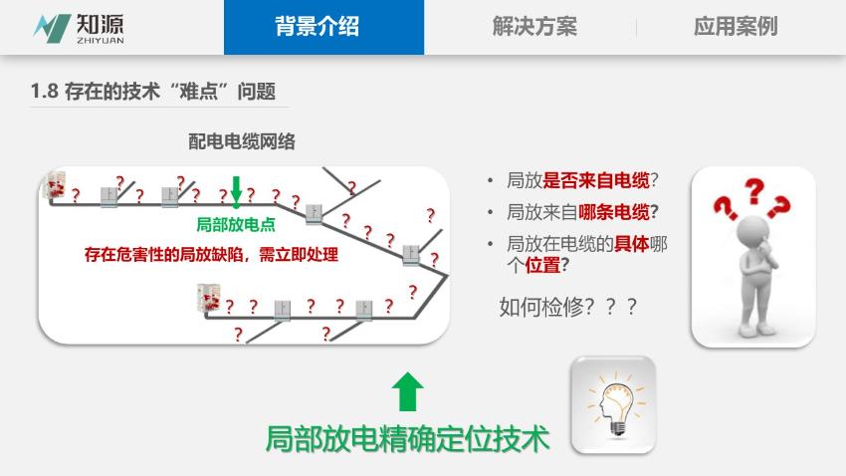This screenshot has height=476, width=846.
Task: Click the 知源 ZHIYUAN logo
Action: [x=79, y=28]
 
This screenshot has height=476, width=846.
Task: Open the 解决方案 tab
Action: [x=534, y=27]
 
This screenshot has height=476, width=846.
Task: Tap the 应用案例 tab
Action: [x=736, y=27]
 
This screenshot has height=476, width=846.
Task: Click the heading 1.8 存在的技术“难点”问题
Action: [x=153, y=92]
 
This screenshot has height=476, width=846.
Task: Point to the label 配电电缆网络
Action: [x=242, y=141]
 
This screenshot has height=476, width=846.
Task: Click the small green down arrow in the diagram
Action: [x=236, y=191]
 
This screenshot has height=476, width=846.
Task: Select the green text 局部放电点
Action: [x=236, y=224]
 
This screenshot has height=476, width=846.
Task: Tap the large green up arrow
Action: [x=407, y=391]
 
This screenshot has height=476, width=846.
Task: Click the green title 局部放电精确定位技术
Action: [x=407, y=439]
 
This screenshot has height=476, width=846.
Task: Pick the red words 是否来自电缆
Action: [x=595, y=180]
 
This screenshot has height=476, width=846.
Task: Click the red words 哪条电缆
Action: [x=614, y=212]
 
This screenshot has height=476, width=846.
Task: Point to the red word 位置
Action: [x=542, y=265]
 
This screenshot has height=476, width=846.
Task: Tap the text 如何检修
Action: [x=541, y=307]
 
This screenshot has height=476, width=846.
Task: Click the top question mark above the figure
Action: [x=754, y=191]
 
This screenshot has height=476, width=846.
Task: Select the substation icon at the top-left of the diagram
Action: [x=55, y=185]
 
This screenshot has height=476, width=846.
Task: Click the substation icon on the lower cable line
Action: [x=208, y=298]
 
